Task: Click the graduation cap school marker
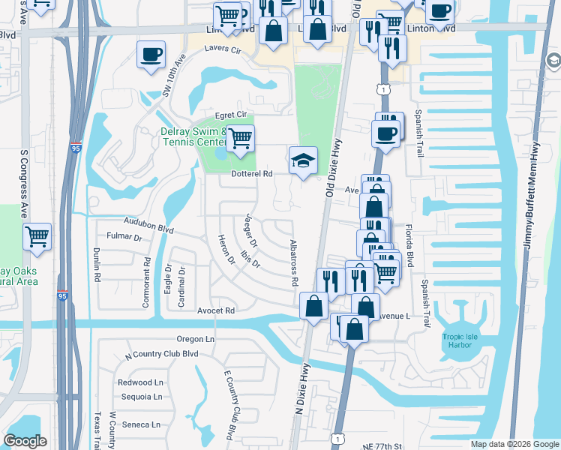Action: coord(304,160)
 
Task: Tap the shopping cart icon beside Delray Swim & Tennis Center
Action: coord(240,139)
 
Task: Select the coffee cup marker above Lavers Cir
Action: coord(151,55)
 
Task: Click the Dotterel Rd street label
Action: coord(250,173)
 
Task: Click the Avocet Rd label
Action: coord(217,310)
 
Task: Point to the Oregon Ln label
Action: coord(196,339)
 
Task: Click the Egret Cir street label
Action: coord(231,114)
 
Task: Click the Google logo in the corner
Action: coord(25,441)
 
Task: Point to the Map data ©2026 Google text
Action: coord(514,444)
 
